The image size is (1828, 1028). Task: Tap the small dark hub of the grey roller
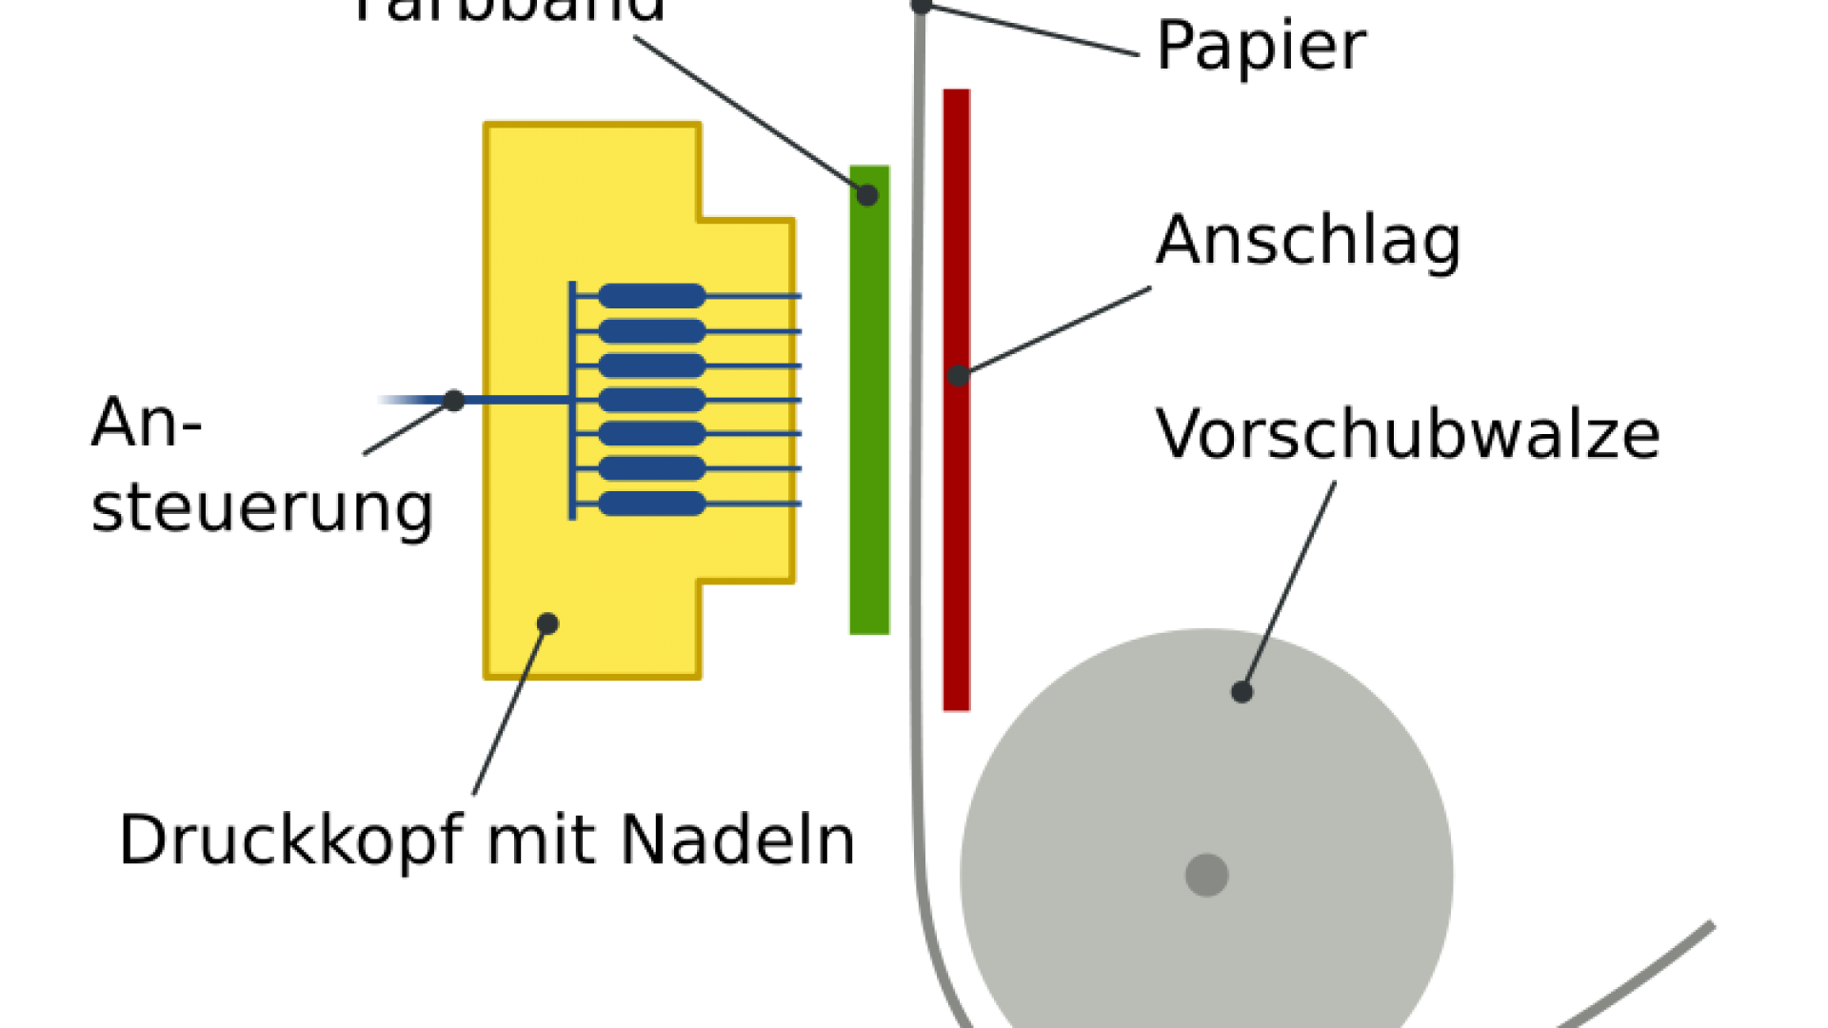[x=1206, y=875]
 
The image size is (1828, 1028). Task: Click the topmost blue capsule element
[x=652, y=296]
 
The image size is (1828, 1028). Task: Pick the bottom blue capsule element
[x=652, y=504]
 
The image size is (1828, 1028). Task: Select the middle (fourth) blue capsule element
[x=652, y=400]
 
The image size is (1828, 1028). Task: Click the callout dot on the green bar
[x=866, y=195]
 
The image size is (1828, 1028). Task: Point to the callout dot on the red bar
[x=958, y=375]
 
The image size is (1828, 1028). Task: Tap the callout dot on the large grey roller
[x=1242, y=692]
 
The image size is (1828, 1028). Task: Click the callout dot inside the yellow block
[x=547, y=623]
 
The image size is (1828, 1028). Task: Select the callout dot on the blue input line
[x=454, y=401]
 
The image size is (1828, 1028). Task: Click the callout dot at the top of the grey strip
[x=920, y=7]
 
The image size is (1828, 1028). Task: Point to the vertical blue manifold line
[x=572, y=457]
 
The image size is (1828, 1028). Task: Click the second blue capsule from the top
[x=652, y=331]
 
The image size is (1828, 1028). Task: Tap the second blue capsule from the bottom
[x=652, y=468]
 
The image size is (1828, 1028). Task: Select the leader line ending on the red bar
[x=1057, y=330]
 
